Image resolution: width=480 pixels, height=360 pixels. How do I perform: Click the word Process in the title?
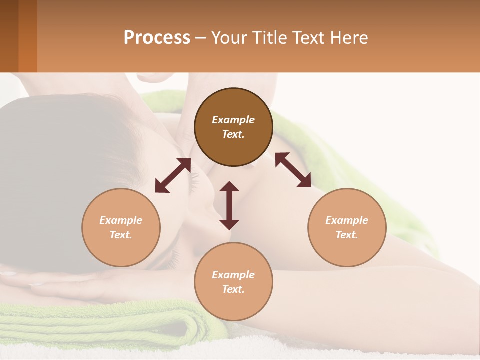click(157, 38)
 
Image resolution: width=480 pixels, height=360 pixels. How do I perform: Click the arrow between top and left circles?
click(173, 175)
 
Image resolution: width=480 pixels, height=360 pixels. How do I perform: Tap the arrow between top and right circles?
click(293, 170)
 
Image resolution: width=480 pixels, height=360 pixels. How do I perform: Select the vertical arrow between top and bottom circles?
click(229, 205)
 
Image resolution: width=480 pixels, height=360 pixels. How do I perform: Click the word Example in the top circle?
click(233, 120)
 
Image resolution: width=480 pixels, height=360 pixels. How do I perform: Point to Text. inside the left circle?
click(121, 235)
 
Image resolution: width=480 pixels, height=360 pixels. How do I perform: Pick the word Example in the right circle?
click(347, 220)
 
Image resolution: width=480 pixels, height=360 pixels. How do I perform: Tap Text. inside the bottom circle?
click(233, 289)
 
